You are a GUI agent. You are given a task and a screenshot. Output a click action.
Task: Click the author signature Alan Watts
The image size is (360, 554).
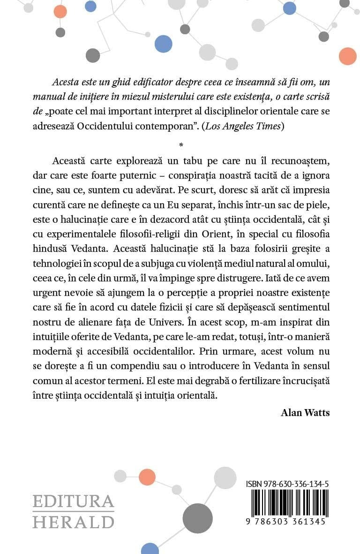point(305,412)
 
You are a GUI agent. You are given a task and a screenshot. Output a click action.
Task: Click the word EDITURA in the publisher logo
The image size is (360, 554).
point(73,502)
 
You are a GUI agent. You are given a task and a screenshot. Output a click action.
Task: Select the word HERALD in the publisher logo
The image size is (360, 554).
point(73,522)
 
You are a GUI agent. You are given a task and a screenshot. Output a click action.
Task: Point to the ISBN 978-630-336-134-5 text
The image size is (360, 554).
point(287,484)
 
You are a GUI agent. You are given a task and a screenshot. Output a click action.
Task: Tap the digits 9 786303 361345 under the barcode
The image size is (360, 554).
point(287,521)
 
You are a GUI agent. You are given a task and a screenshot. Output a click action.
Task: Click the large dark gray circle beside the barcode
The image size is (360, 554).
point(198,518)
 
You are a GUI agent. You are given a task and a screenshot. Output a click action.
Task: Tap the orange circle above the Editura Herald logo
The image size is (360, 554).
point(147,478)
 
